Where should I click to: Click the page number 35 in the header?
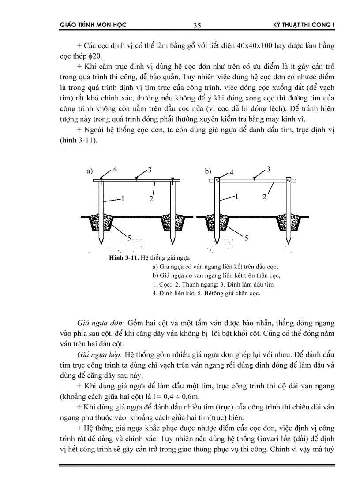(197, 26)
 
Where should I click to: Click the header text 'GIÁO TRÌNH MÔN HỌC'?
(93, 25)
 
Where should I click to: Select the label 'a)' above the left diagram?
(90, 172)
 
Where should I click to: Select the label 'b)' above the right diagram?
(208, 171)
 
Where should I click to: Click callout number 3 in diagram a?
(150, 170)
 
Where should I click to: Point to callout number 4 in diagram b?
(232, 172)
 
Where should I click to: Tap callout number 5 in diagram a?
(130, 238)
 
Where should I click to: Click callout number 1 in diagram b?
(236, 197)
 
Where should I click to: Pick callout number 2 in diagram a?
(151, 199)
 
